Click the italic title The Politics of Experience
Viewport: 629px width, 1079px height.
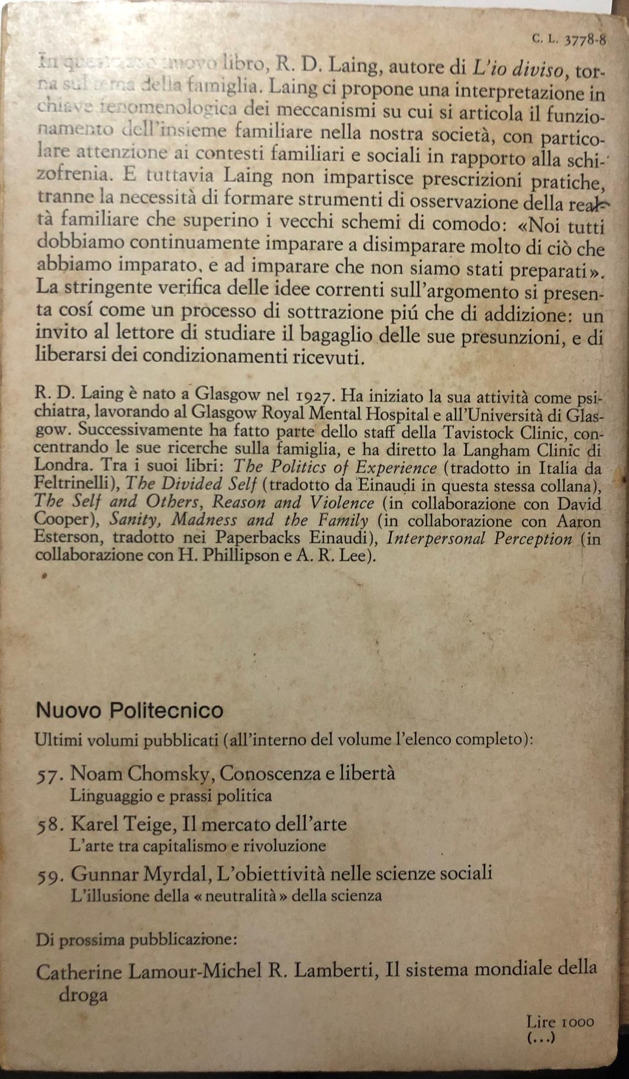(x=336, y=467)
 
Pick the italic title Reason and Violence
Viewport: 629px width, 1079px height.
(x=293, y=502)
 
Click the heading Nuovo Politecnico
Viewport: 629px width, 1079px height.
(x=130, y=710)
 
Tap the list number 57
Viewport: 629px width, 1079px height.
(x=50, y=775)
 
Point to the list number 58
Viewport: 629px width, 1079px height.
(x=50, y=824)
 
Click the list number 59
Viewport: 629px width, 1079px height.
(x=50, y=874)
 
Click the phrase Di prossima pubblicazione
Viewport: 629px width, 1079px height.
(x=136, y=940)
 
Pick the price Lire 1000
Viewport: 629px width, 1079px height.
(x=560, y=1022)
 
